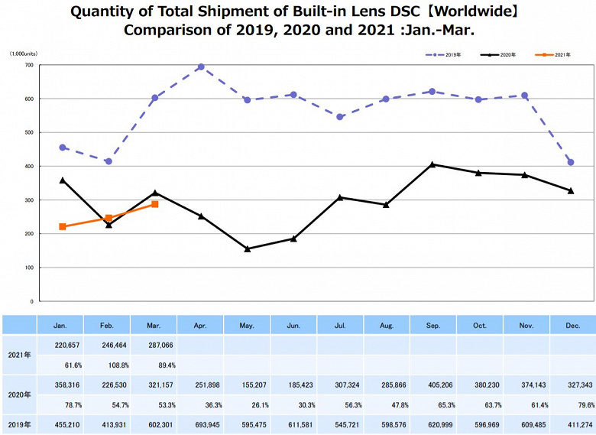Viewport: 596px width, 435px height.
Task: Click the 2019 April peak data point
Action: [201, 67]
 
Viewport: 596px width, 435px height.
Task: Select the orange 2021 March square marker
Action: [154, 204]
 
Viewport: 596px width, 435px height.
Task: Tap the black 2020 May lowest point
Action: [247, 248]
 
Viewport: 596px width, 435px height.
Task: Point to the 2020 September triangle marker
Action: [432, 164]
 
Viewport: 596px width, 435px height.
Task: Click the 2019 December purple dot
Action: [571, 162]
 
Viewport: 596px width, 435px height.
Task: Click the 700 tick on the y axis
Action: [28, 65]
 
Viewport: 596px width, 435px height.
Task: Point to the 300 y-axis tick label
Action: [28, 200]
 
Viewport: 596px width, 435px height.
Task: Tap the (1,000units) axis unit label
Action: [24, 54]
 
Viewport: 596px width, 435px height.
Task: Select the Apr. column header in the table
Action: [200, 325]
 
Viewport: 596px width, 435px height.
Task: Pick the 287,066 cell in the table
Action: [154, 346]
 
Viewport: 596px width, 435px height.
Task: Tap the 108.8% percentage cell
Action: [108, 365]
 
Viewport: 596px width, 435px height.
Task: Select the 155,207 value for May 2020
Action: [247, 385]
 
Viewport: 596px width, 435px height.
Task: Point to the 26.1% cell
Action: [247, 405]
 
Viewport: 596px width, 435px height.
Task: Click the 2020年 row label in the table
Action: [18, 395]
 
